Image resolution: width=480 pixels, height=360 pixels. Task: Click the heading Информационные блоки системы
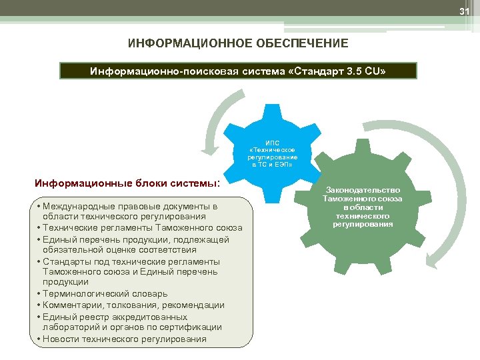pos(127,183)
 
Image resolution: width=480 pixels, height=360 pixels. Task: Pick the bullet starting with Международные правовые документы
pos(130,211)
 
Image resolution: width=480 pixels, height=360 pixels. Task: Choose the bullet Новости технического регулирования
pos(124,339)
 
